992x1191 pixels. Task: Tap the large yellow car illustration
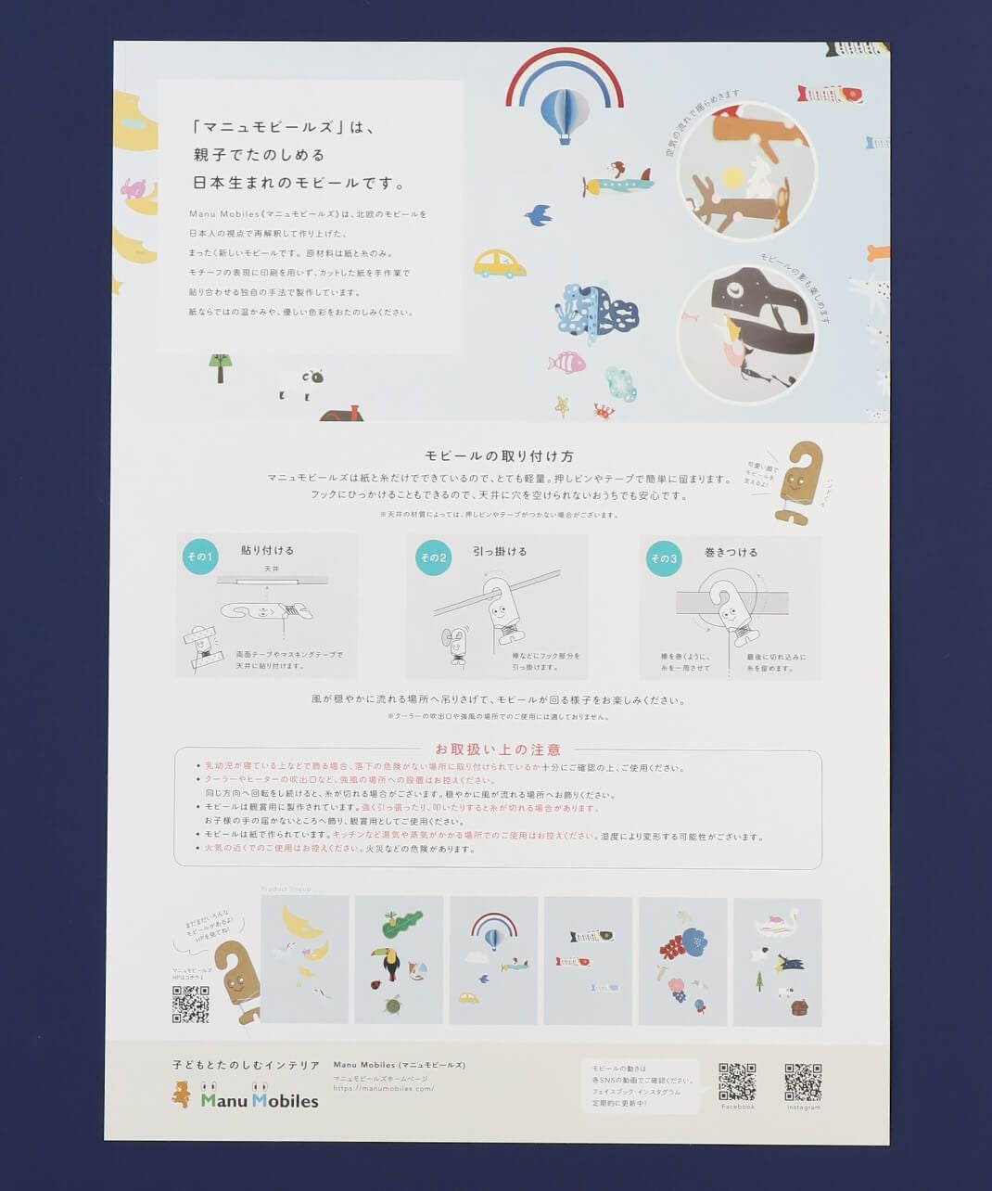(499, 264)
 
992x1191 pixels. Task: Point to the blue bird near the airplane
(539, 216)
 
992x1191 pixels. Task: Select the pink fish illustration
(566, 362)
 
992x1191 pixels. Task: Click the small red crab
(604, 410)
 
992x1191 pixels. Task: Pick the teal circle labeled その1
(199, 557)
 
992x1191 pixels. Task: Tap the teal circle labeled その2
(433, 557)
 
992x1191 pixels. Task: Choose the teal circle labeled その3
(664, 558)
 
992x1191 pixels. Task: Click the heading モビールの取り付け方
(499, 455)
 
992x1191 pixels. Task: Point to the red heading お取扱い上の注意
(498, 749)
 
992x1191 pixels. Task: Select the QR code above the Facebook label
(737, 1082)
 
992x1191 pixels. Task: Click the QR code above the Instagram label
(803, 1082)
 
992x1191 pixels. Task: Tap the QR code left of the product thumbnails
(190, 1004)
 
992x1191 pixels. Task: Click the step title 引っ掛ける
(500, 551)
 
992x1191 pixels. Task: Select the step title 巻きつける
(731, 552)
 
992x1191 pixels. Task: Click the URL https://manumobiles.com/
(384, 1088)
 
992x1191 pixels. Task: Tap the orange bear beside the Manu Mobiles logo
(182, 1095)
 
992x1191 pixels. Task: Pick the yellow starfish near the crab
(562, 405)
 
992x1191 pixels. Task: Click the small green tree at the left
(220, 366)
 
